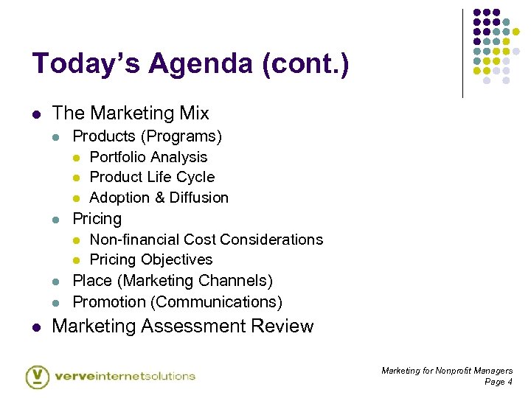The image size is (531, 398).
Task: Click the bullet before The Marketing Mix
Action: tap(36, 114)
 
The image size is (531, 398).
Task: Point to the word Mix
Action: tap(193, 114)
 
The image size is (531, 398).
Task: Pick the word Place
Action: tap(92, 281)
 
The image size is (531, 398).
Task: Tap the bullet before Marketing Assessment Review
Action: tap(36, 327)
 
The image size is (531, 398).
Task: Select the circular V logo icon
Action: tap(38, 376)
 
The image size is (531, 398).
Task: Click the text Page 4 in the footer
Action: tap(498, 382)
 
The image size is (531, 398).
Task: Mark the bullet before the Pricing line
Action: tap(57, 220)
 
